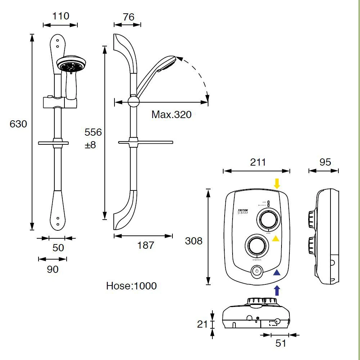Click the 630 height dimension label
[18, 124]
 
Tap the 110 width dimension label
[60, 16]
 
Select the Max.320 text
[171, 115]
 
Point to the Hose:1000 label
[131, 286]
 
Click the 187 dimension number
[146, 246]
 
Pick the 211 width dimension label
[258, 162]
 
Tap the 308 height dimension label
[194, 241]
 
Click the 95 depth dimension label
[325, 162]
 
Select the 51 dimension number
[280, 343]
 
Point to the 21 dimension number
[202, 324]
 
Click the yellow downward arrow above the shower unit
[276, 184]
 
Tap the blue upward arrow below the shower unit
[276, 290]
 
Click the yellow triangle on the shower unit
[275, 238]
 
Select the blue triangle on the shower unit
[276, 273]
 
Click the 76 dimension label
[128, 17]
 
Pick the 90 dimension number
[53, 269]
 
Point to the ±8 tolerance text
[90, 146]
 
